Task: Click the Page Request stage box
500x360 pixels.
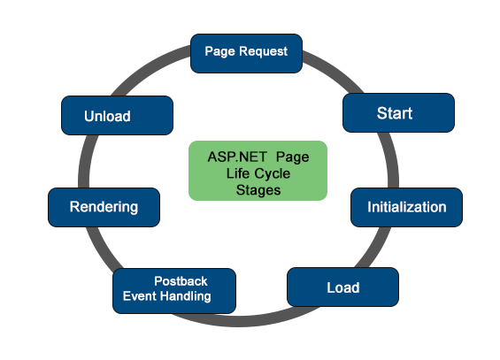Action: [246, 52]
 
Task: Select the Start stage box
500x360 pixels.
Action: [398, 113]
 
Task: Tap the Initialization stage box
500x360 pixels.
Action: [406, 207]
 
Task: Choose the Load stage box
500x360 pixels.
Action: [342, 287]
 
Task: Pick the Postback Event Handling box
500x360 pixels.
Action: [174, 289]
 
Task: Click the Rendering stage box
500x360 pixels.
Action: [104, 207]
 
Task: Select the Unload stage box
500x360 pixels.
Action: [116, 116]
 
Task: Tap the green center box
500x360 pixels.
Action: [258, 170]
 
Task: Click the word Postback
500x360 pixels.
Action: [181, 281]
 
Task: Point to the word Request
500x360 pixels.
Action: [264, 51]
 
